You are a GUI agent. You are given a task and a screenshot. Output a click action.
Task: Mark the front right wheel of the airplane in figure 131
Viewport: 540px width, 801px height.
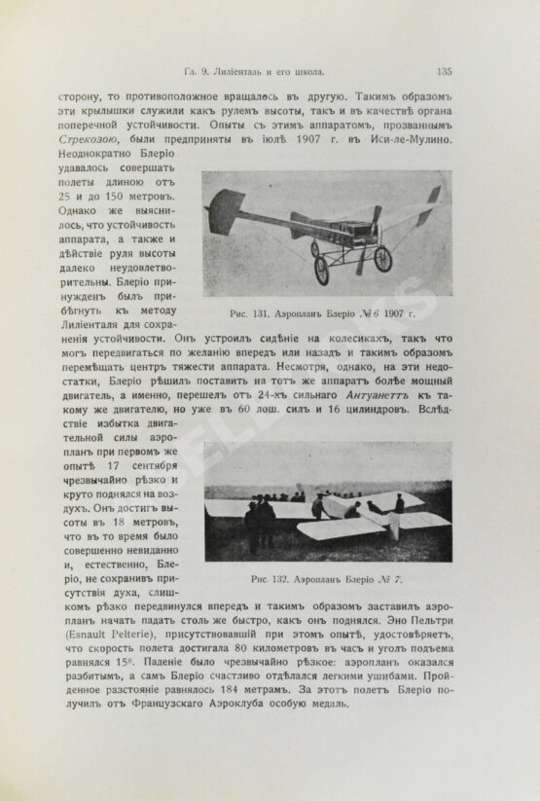coord(382,259)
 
